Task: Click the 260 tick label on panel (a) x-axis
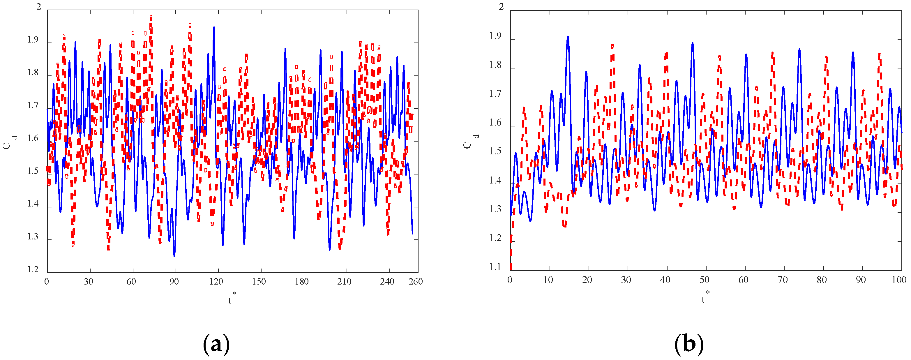(416, 281)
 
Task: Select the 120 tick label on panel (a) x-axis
(216, 281)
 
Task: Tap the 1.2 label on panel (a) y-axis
(33, 269)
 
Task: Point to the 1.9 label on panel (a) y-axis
(33, 40)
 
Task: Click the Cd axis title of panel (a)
(10, 142)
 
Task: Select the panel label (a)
(216, 344)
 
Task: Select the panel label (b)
(688, 344)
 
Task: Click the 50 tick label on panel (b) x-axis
(704, 280)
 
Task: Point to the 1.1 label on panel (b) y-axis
(495, 267)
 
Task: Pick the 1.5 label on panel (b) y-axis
(495, 151)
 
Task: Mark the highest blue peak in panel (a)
(213, 28)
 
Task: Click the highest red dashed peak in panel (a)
(151, 16)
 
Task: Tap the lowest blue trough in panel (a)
(174, 256)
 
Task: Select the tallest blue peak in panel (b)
(568, 36)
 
